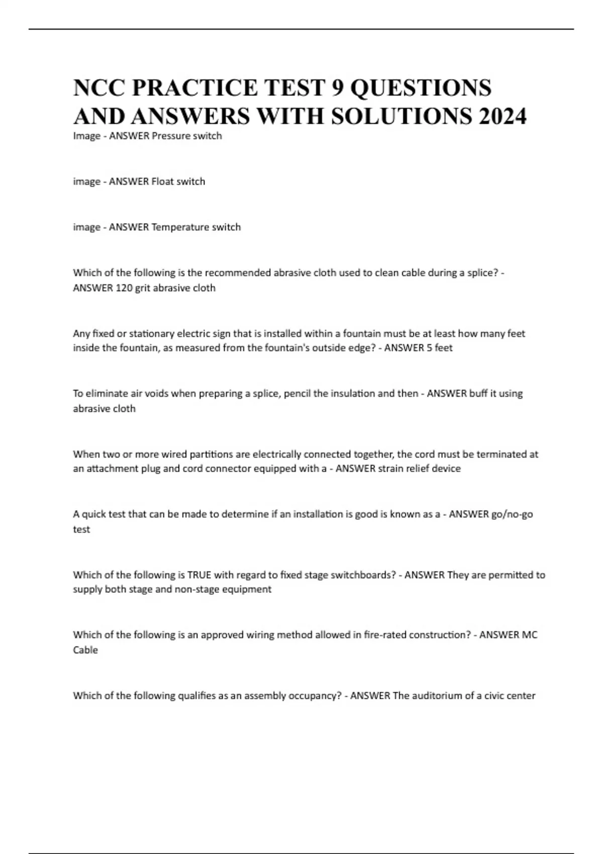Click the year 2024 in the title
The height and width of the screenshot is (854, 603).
point(502,117)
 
